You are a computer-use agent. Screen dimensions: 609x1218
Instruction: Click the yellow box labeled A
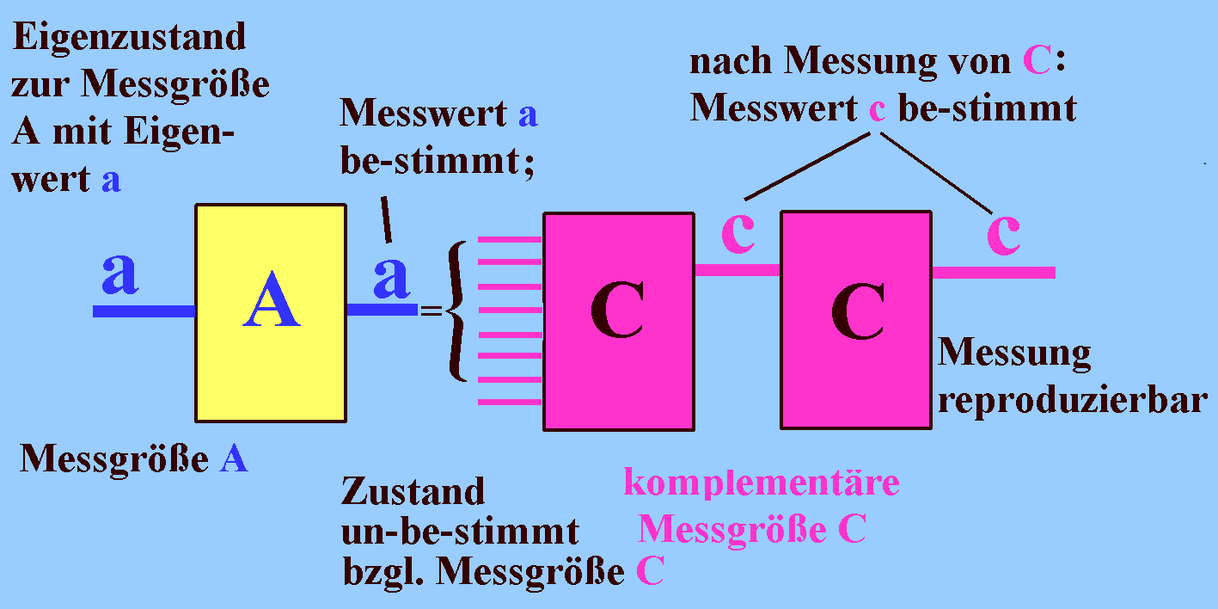click(271, 313)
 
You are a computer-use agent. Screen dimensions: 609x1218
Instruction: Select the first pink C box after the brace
click(618, 321)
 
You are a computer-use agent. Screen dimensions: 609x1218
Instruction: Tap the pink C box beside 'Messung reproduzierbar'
click(856, 319)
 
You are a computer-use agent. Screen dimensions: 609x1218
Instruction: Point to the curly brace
click(457, 311)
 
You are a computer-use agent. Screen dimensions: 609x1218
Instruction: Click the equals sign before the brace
click(430, 311)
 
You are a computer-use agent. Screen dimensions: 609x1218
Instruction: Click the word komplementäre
click(762, 483)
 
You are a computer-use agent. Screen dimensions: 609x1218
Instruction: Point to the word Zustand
click(413, 492)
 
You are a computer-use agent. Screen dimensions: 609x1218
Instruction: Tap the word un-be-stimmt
click(459, 532)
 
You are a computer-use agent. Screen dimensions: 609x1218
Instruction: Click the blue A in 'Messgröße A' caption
click(234, 459)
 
